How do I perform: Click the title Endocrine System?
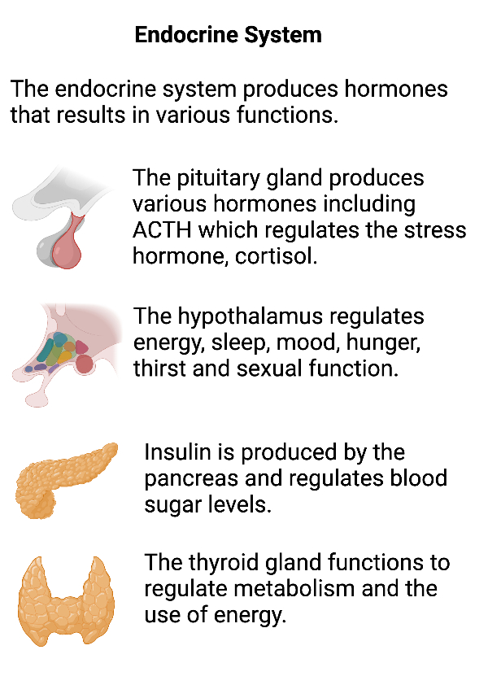pos(228,36)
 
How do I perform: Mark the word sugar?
pos(172,504)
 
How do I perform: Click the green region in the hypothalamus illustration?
pos(57,346)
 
